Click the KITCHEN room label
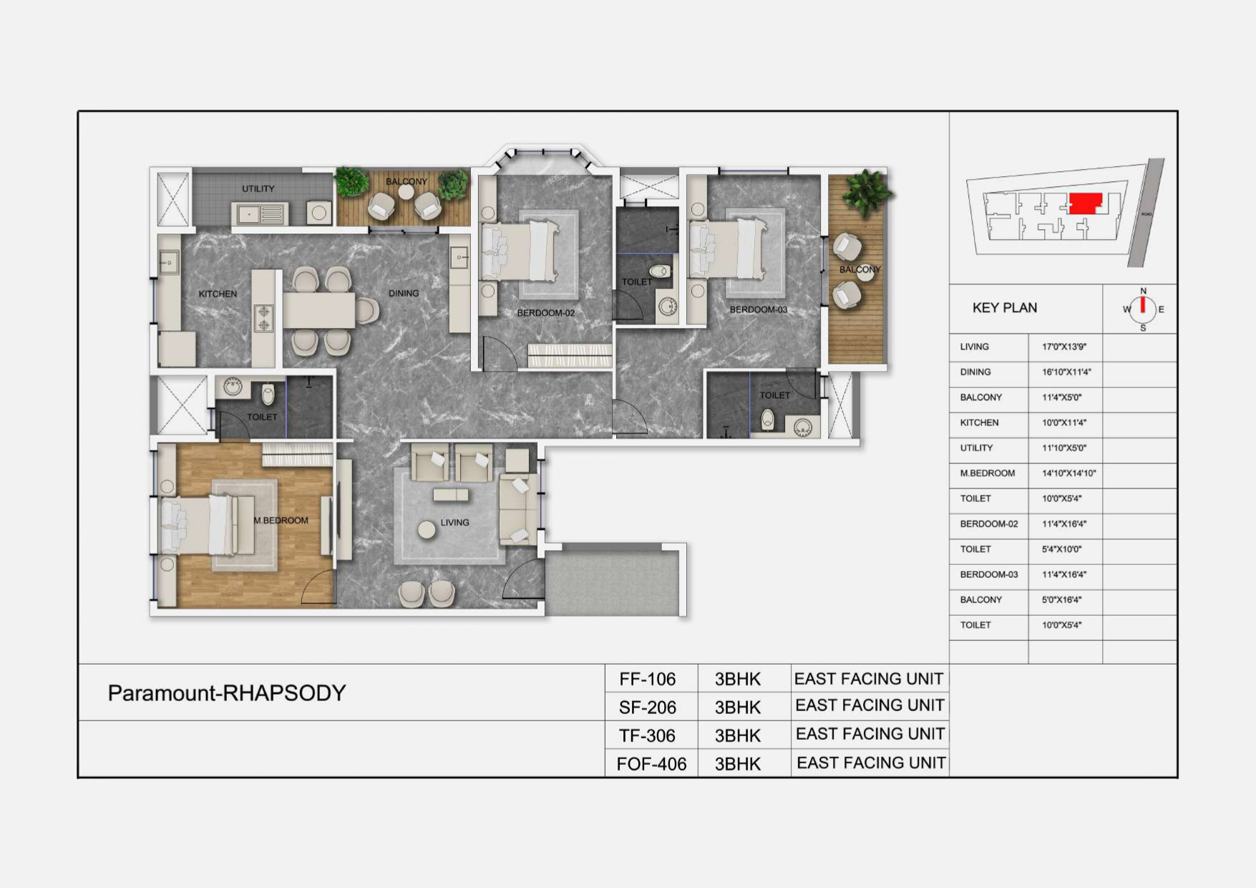pos(218,294)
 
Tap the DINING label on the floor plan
pos(404,293)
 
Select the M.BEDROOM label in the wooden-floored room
pos(281,521)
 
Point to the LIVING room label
pos(454,523)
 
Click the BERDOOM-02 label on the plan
pos(546,313)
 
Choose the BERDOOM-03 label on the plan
pos(759,309)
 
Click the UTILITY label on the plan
pos(258,189)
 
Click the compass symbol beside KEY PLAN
pos(1143,309)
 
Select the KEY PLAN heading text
pos(1004,308)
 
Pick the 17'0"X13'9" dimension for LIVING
pos(1064,347)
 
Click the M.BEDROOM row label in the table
pos(988,473)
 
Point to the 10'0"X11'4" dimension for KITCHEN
pos(1064,423)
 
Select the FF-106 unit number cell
pos(648,679)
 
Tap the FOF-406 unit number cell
pos(651,764)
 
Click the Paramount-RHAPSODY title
pos(227,693)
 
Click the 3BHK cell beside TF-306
pos(738,735)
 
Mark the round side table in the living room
pos(427,530)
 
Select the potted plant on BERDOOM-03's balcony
pos(867,191)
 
